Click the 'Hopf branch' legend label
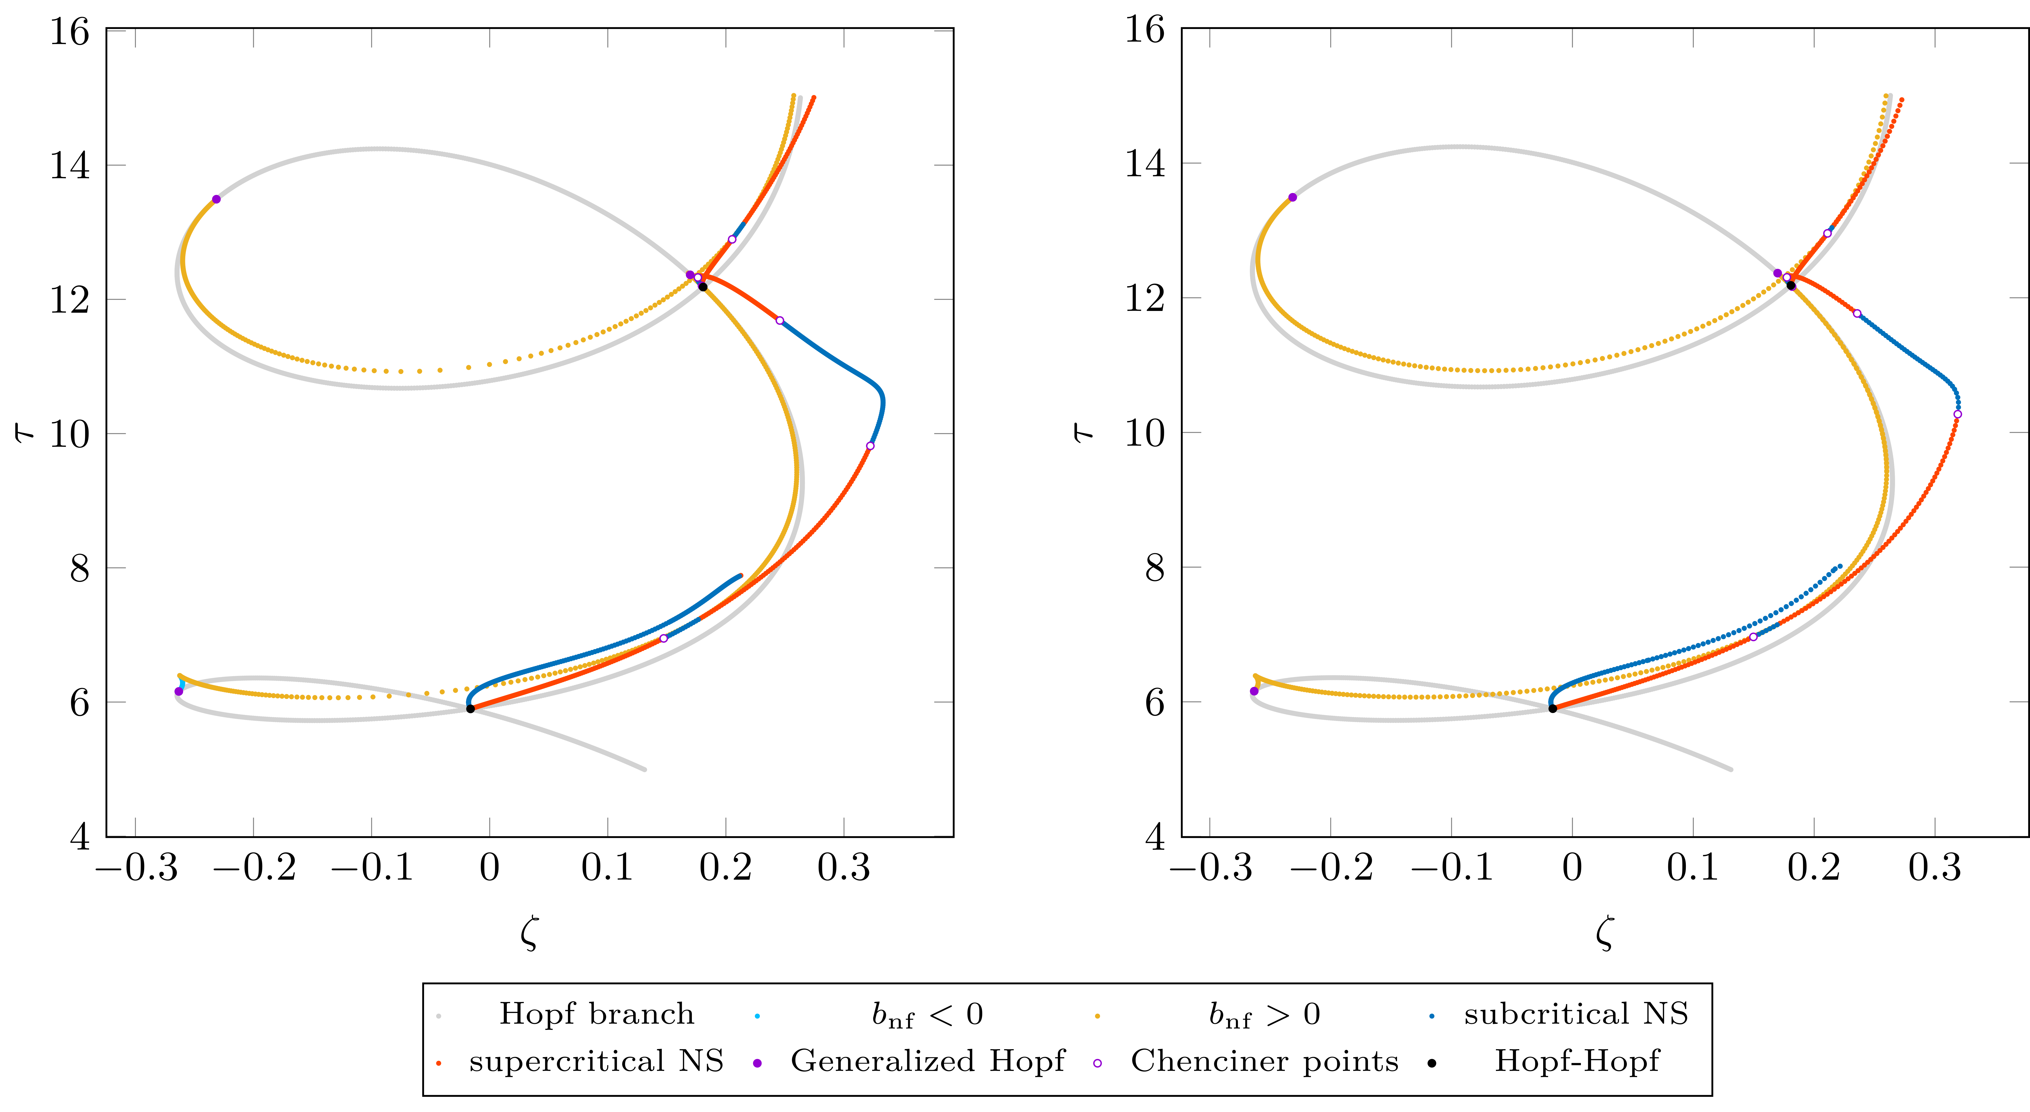click(x=597, y=1014)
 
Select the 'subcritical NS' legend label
click(x=1576, y=1014)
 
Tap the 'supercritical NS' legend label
click(x=597, y=1061)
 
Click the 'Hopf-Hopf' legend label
click(x=1576, y=1061)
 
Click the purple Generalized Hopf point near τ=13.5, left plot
click(x=217, y=199)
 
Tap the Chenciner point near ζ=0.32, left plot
click(x=870, y=446)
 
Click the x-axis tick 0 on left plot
click(x=489, y=868)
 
